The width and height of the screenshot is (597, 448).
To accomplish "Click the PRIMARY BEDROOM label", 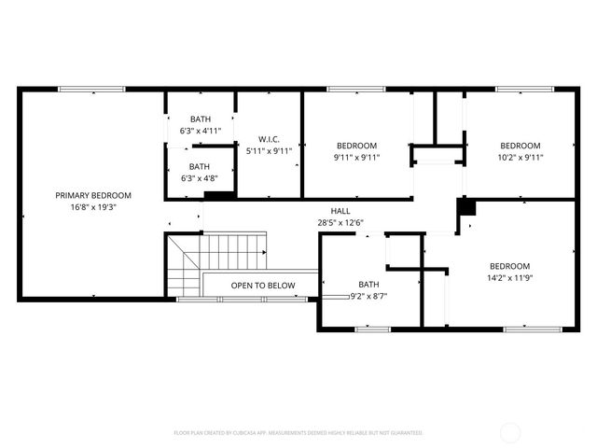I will pyautogui.click(x=93, y=195).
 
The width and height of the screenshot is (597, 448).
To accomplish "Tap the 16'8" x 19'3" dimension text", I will pyautogui.click(x=93, y=207).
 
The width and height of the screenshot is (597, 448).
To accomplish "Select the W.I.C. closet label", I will pyautogui.click(x=270, y=139).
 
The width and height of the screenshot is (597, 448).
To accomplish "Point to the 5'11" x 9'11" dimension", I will pyautogui.click(x=270, y=150).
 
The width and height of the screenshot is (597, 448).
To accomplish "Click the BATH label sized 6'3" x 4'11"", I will pyautogui.click(x=201, y=119).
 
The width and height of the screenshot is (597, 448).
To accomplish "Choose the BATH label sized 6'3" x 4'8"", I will pyautogui.click(x=201, y=166).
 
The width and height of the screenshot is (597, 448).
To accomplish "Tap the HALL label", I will pyautogui.click(x=340, y=210).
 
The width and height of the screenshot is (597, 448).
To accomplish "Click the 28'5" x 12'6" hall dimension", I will pyautogui.click(x=340, y=222).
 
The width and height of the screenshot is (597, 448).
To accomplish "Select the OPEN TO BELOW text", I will pyautogui.click(x=263, y=286).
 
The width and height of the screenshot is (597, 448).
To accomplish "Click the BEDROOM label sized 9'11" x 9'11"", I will pyautogui.click(x=356, y=146).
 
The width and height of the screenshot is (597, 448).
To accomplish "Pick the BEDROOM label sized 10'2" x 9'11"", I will pyautogui.click(x=520, y=146).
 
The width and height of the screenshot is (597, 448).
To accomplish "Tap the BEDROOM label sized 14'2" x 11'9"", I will pyautogui.click(x=509, y=265).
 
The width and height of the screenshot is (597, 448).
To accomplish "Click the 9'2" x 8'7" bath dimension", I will pyautogui.click(x=368, y=296).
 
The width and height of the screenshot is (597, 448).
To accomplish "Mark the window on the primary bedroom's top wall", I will pyautogui.click(x=91, y=90).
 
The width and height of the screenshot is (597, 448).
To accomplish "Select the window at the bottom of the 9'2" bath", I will pyautogui.click(x=372, y=329).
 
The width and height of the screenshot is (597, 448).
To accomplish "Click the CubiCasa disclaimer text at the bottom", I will pyautogui.click(x=298, y=433).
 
